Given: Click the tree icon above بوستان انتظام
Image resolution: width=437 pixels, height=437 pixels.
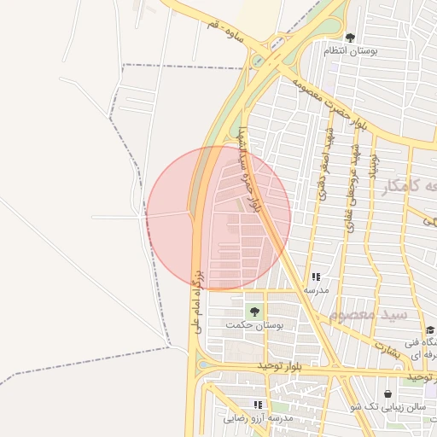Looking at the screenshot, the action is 350,38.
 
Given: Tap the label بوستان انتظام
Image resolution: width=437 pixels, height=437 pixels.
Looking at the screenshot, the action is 350,51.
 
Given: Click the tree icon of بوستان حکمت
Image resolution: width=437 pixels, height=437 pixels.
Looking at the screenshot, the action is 253,312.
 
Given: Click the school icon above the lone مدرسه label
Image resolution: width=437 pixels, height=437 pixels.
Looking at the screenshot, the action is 316,277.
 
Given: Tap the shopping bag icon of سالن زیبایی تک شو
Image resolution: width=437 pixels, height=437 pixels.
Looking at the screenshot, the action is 388,394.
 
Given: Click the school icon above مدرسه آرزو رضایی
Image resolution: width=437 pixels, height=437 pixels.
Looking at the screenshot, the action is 258,405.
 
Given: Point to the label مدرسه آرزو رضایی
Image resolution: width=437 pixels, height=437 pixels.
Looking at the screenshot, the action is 258,418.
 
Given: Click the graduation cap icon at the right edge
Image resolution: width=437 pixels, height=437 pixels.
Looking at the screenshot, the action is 429,329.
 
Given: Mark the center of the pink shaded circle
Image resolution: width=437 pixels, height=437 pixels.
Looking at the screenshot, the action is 218,218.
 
